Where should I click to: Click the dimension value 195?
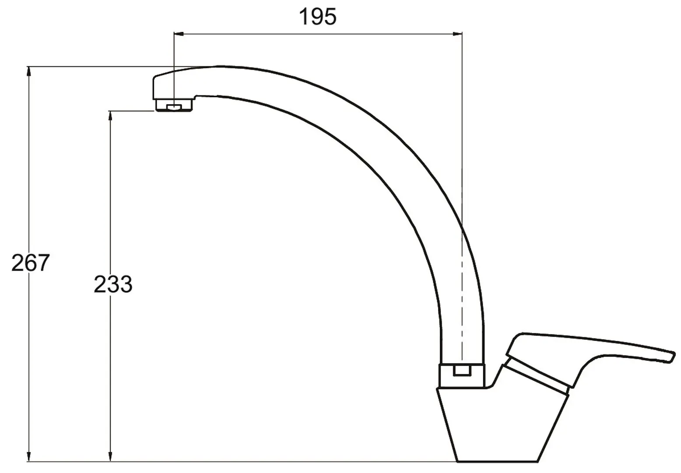click(x=318, y=17)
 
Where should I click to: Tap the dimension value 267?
click(x=30, y=262)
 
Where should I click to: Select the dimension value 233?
click(x=113, y=284)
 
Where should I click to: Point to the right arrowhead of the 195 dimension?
click(x=457, y=34)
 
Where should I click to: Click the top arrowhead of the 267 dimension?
click(x=29, y=72)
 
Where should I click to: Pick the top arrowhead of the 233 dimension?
click(x=110, y=116)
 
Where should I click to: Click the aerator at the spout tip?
click(x=174, y=106)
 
